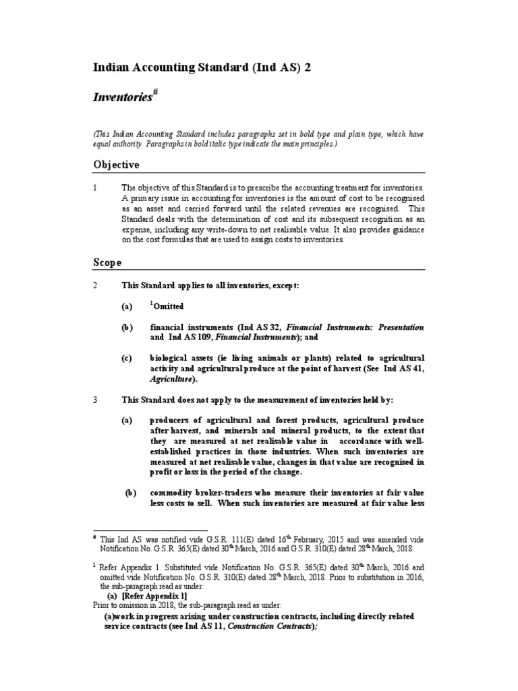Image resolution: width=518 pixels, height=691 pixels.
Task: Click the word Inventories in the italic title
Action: click(x=124, y=98)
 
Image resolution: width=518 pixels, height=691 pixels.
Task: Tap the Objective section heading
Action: click(x=115, y=165)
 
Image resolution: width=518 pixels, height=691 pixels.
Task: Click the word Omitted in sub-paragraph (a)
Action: click(x=169, y=306)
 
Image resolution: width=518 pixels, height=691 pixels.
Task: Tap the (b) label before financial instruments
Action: click(x=127, y=327)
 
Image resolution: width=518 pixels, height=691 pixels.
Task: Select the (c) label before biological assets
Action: click(x=127, y=357)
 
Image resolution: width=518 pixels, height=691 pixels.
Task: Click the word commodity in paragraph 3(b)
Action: click(x=172, y=493)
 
